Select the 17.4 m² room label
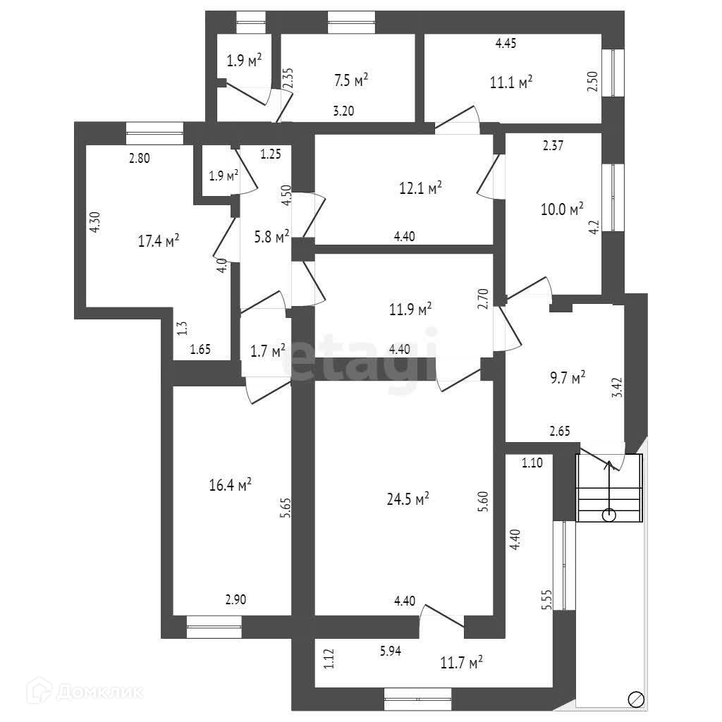158,241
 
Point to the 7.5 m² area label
350,80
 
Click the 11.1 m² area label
510,82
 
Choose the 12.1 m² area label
420,188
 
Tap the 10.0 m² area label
561,209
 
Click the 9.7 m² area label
567,379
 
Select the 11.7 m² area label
461,662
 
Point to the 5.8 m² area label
271,237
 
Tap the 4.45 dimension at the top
506,44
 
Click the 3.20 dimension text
344,110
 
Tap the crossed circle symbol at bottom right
635,698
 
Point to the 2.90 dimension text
235,600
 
